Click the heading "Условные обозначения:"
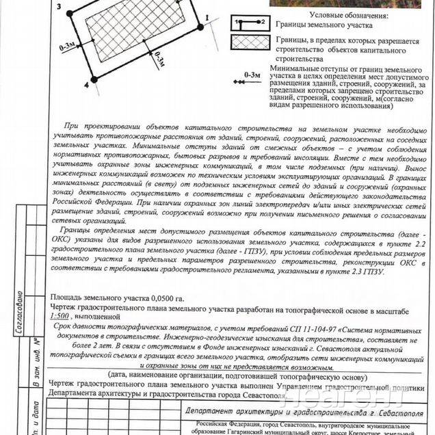pos(348,14)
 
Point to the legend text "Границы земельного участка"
pos(324,25)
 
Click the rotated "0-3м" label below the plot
pos(159,61)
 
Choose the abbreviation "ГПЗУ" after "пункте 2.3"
pos(371,272)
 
